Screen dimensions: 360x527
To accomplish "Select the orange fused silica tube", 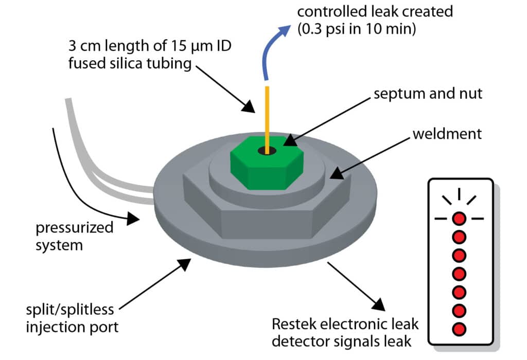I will tap(268, 113).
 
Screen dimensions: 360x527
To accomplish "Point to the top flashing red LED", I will tap(459, 218).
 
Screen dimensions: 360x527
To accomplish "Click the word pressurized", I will tap(75, 228).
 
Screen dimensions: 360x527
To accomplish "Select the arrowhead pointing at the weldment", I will tap(336, 173).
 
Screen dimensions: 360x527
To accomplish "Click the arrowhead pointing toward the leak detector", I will tap(377, 304).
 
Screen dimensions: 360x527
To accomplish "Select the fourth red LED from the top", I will tap(459, 273).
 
